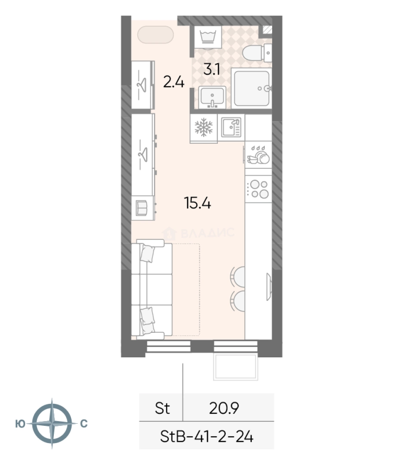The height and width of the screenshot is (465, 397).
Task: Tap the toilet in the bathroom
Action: tap(257, 53)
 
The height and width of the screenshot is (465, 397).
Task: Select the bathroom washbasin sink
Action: tap(212, 97)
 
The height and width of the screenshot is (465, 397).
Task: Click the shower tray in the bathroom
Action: tap(252, 88)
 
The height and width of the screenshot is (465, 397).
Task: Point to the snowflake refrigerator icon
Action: tap(204, 127)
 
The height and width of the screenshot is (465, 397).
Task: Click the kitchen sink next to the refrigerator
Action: tap(232, 127)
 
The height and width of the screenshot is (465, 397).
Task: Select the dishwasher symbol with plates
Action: tap(258, 155)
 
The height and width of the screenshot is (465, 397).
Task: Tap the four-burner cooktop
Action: tap(258, 189)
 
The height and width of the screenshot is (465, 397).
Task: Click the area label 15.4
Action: tap(198, 203)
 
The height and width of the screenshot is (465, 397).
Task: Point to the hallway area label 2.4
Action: tap(174, 82)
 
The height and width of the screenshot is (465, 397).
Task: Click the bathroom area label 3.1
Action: tap(212, 70)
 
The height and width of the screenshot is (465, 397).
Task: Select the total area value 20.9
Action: tap(224, 408)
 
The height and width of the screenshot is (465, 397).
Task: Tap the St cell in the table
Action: tap(162, 408)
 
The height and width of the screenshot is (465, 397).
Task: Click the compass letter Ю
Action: tap(20, 424)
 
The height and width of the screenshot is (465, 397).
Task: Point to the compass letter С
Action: tap(84, 424)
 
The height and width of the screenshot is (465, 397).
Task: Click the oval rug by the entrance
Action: tap(155, 35)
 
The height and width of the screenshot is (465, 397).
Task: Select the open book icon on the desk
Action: tap(141, 208)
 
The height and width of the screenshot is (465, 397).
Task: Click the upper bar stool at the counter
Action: tap(239, 277)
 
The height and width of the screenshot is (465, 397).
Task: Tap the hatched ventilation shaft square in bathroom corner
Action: tap(267, 30)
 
